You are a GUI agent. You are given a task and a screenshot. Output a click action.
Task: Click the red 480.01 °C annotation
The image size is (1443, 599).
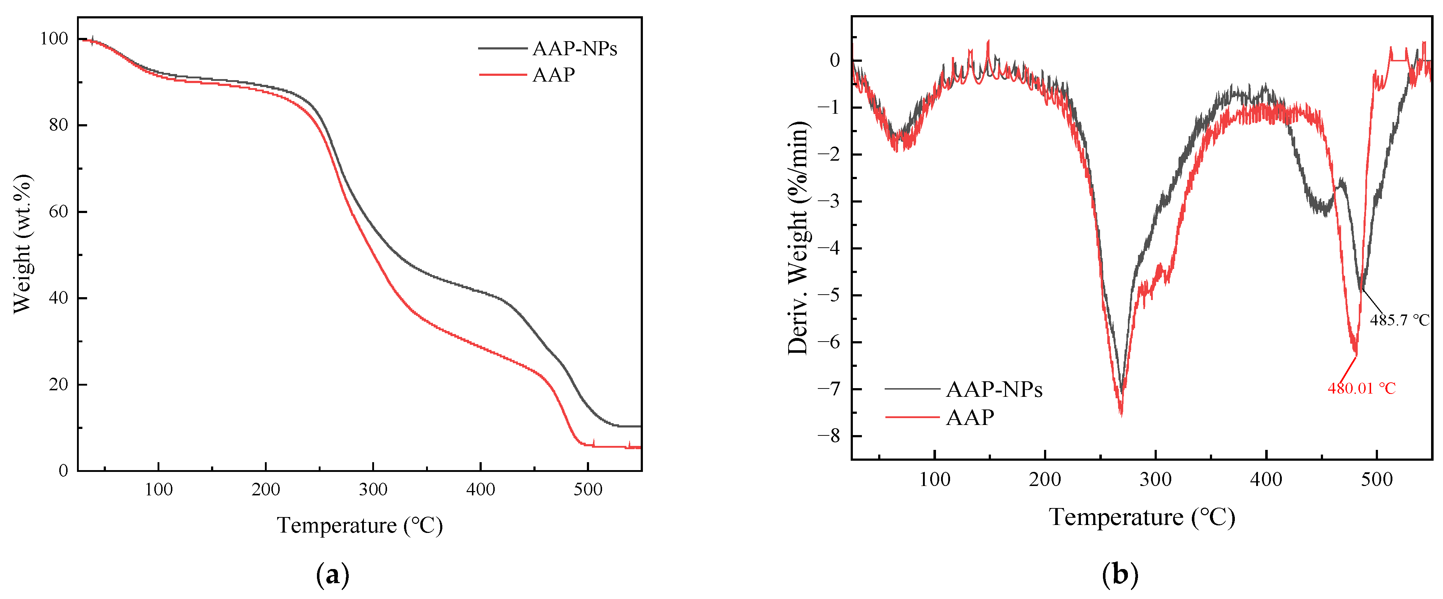point(1361,388)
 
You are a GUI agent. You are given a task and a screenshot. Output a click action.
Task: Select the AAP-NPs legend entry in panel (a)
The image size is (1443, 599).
point(574,49)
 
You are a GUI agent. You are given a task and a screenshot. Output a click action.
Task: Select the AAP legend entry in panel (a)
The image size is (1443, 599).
point(553,74)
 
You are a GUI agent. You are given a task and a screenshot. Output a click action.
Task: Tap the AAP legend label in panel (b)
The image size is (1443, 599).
point(970,417)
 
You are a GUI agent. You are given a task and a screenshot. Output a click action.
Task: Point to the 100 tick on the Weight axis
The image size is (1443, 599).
point(54,39)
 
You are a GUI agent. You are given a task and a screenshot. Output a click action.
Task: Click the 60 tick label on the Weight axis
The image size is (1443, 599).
point(58,212)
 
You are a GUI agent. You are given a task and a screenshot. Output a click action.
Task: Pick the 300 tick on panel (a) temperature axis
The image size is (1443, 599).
point(373,489)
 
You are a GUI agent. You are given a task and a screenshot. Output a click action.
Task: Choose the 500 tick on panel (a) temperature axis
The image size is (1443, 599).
point(588,489)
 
